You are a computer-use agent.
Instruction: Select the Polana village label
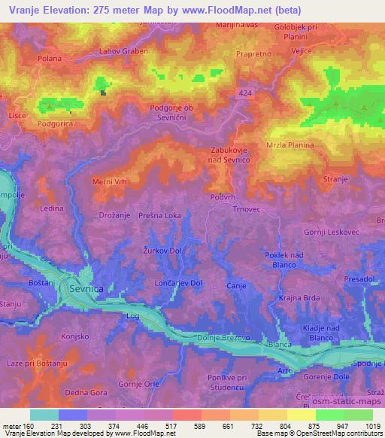(x=28, y=57)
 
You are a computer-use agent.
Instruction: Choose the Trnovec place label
(x=246, y=209)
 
